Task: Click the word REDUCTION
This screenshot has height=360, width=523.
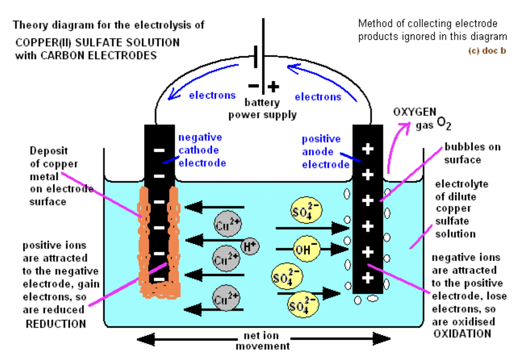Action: coord(56,324)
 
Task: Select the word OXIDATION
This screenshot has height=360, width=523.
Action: coord(462,333)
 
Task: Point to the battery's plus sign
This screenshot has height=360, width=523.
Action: coord(273,86)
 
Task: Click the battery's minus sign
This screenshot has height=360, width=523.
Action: coord(254,86)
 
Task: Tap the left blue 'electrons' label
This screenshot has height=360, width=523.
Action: coord(212,96)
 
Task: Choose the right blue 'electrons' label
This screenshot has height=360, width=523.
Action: coord(318,97)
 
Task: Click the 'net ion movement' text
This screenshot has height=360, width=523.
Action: coord(262,341)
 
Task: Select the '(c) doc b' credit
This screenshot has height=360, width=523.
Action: coord(487,51)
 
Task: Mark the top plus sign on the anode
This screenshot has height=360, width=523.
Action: coord(368,149)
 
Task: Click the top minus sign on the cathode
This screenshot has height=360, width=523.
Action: coord(159,151)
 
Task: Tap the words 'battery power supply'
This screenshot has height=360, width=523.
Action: coord(262,109)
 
